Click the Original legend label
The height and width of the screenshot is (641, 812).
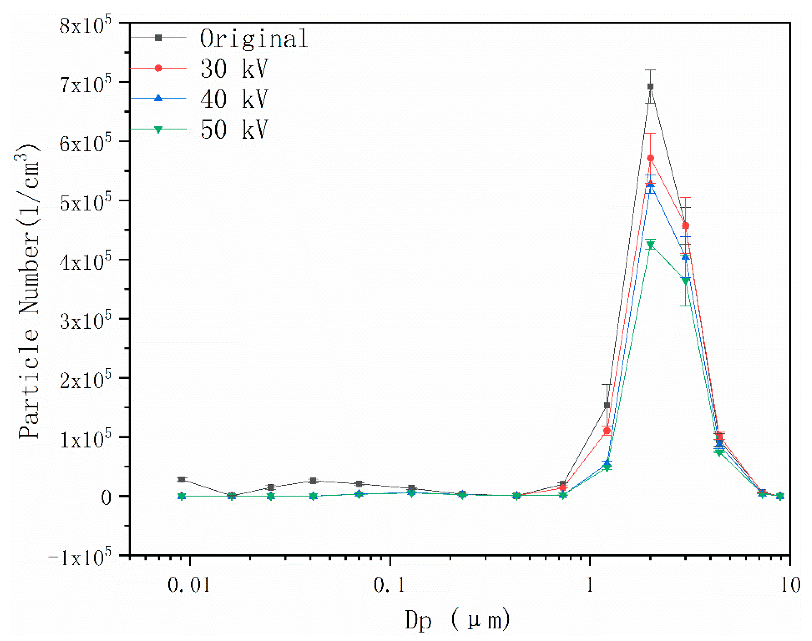[254, 39]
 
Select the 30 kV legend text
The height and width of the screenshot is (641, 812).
[234, 69]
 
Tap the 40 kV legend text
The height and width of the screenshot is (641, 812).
[234, 99]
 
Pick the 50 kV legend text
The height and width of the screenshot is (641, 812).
[234, 130]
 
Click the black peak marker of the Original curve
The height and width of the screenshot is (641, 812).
[651, 87]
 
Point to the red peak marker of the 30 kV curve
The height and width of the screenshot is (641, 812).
[651, 158]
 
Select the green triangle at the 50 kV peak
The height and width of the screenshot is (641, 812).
[651, 245]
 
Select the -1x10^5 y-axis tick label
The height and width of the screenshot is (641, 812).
[80, 557]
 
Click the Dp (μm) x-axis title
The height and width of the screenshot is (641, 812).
[457, 620]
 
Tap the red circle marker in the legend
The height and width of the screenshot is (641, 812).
[158, 68]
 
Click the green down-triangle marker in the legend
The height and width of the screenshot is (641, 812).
[158, 129]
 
